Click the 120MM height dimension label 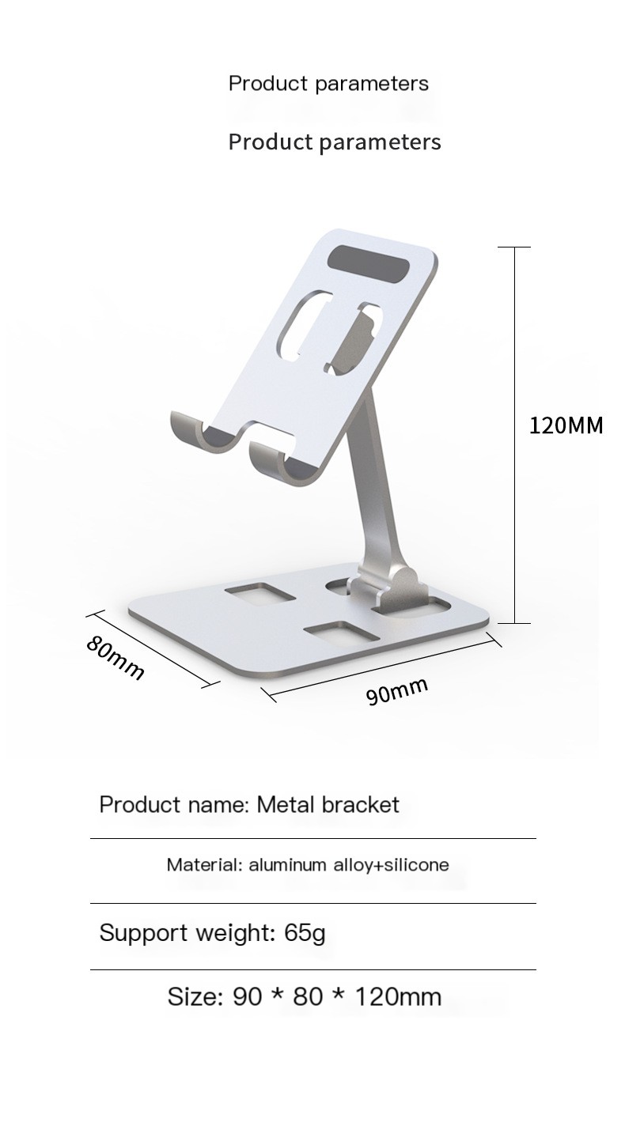[566, 426]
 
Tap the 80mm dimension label [116, 657]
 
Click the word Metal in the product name [286, 805]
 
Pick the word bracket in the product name [360, 805]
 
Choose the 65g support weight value [305, 933]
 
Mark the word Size [195, 996]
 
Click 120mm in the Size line [398, 996]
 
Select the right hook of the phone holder [271, 464]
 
